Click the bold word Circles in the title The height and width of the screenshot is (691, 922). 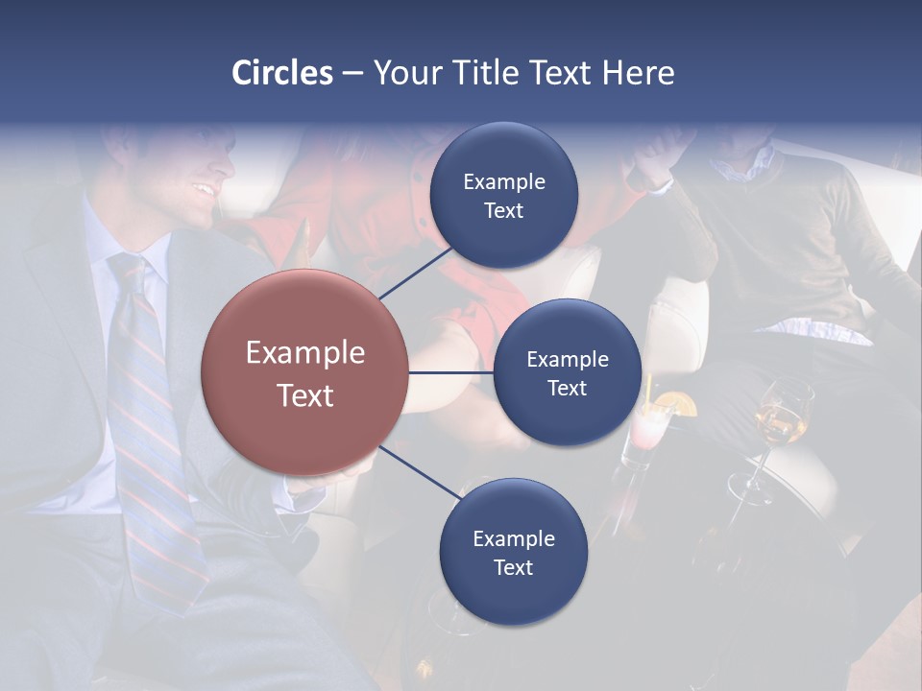point(282,73)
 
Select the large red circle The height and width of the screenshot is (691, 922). point(305,373)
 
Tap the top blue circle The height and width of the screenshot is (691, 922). point(503,196)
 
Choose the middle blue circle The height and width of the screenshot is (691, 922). point(567,373)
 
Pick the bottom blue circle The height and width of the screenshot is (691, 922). point(513,553)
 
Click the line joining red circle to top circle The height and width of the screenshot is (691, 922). point(415,273)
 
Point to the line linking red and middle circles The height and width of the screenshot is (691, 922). point(451,373)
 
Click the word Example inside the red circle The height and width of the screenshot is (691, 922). point(305,353)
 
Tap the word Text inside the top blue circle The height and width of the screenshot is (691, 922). point(503,211)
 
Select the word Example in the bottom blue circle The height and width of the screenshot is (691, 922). point(513,539)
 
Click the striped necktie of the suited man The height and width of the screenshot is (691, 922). point(144,403)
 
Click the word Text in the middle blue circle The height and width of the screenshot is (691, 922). point(567,389)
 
